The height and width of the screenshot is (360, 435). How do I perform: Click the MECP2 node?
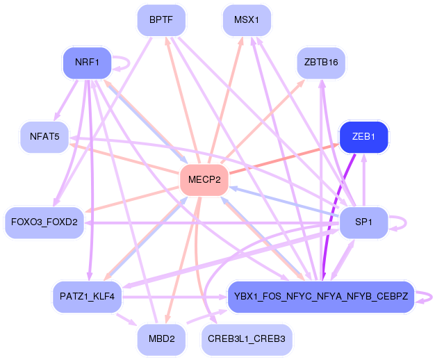click(204, 179)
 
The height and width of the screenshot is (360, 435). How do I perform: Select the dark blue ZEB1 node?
click(363, 137)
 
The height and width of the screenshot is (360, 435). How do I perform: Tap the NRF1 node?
click(87, 62)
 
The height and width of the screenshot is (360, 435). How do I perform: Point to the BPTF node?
click(161, 20)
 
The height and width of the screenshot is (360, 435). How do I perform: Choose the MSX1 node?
click(247, 20)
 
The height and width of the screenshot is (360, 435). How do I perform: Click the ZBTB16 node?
click(321, 62)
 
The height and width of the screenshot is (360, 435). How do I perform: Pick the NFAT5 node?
click(44, 137)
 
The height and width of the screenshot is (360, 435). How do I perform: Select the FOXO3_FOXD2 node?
click(44, 222)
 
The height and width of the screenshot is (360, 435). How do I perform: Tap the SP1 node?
click(363, 222)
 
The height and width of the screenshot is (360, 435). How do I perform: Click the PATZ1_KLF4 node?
click(87, 297)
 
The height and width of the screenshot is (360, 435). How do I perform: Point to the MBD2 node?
click(161, 339)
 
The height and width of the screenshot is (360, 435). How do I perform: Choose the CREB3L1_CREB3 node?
click(247, 339)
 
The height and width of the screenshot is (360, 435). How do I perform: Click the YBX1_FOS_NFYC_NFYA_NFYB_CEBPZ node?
click(321, 297)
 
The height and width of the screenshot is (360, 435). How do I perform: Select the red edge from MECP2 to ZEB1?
click(284, 159)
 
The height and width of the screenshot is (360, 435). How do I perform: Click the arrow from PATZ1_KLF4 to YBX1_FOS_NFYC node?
click(175, 297)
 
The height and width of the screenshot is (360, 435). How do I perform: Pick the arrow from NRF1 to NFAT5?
click(66, 101)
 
